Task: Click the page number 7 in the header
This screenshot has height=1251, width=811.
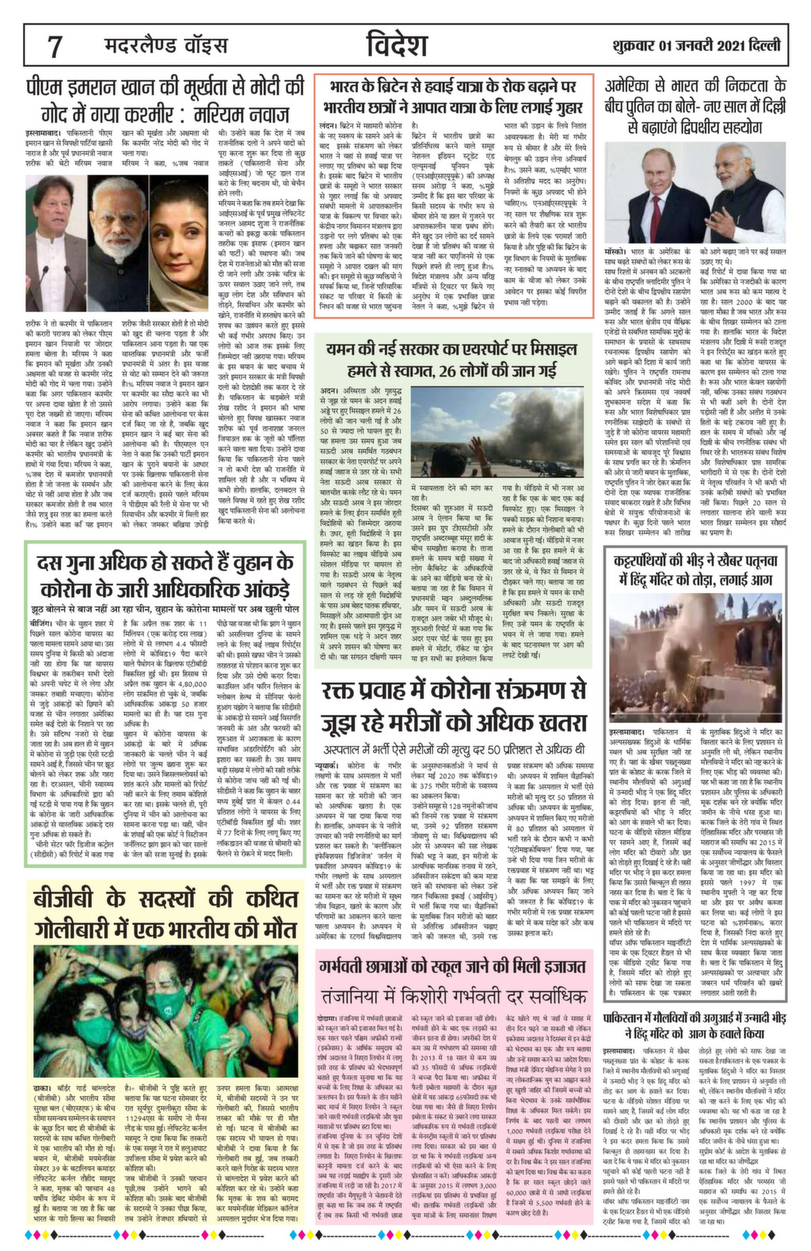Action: pos(55,47)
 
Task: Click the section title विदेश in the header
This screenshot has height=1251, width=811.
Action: pos(398,46)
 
